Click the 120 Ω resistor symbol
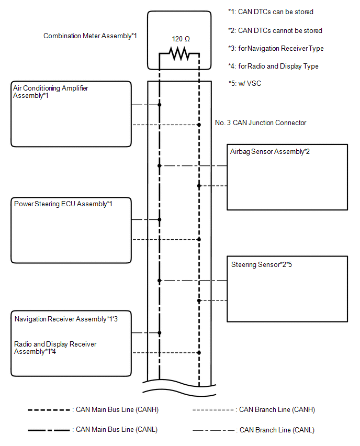click(179, 53)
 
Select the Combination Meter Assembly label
click(90, 36)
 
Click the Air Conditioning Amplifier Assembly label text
click(51, 92)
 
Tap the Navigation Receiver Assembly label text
click(70, 319)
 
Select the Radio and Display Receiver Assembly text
click(55, 348)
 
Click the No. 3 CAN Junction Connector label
click(261, 123)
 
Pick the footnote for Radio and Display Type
click(273, 66)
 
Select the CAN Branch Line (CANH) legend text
click(277, 410)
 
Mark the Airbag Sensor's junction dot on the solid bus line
click(160, 166)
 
